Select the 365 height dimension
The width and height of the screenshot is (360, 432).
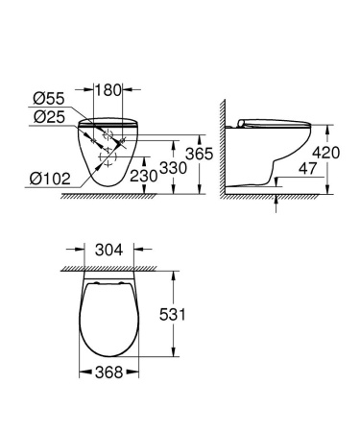tap(198, 155)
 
